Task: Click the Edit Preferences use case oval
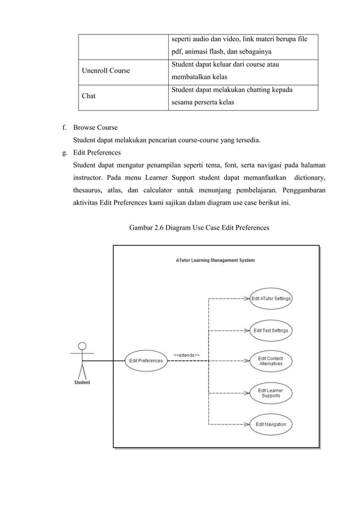146,361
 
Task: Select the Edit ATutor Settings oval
271,299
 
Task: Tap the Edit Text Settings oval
271,330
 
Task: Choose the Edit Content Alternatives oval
271,361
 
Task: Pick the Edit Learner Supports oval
271,393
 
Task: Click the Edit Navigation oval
271,424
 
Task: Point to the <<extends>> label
186,355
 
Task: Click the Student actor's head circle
82,345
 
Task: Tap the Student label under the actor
82,383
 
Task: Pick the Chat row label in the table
88,96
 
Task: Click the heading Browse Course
95,128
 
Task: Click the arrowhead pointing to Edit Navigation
248,424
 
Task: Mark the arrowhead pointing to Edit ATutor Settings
248,299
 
